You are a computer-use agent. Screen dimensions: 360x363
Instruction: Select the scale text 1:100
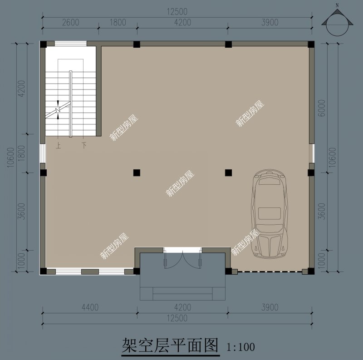click(x=240, y=347)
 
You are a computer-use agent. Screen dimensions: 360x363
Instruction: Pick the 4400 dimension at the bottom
click(x=90, y=308)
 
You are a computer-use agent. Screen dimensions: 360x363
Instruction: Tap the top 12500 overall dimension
click(x=177, y=11)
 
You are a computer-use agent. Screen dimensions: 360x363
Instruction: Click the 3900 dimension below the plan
click(x=270, y=308)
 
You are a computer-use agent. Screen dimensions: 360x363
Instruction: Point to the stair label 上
click(x=58, y=146)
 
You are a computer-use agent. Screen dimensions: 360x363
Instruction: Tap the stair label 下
click(x=84, y=146)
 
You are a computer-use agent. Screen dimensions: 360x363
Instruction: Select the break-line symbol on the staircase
click(x=59, y=110)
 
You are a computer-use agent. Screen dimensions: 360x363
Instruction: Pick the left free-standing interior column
click(x=136, y=173)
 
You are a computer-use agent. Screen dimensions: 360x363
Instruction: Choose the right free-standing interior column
click(x=228, y=173)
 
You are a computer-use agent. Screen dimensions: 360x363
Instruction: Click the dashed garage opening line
click(x=270, y=272)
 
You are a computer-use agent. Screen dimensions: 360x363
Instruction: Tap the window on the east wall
click(x=311, y=153)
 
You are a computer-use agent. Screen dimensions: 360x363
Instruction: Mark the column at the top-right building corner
click(x=311, y=44)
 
